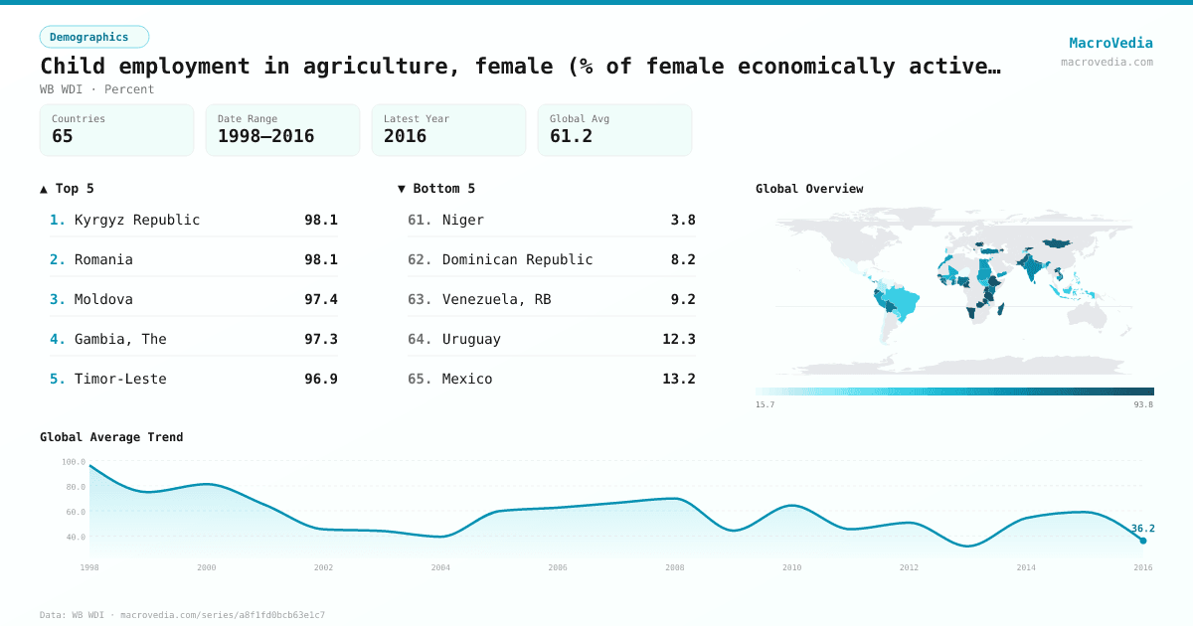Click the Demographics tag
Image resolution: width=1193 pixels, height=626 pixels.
tap(93, 37)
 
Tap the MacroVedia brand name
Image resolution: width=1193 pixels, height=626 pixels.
tap(1110, 43)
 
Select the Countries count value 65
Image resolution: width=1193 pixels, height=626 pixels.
tap(63, 136)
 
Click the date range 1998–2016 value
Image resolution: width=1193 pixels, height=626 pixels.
tap(265, 136)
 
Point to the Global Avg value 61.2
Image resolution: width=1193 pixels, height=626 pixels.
tap(571, 136)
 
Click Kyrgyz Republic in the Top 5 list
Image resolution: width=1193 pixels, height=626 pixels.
tap(137, 220)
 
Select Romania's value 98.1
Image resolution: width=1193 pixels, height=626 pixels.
tap(320, 259)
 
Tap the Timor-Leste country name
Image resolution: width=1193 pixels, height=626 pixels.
tap(120, 379)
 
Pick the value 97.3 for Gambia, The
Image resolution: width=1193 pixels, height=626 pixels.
tap(320, 339)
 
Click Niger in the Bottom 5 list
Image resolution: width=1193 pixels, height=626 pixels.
tap(463, 220)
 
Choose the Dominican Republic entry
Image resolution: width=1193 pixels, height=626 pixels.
tap(517, 259)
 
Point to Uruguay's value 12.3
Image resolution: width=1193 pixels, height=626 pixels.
tap(678, 339)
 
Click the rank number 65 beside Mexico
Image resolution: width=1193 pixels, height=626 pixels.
tap(420, 379)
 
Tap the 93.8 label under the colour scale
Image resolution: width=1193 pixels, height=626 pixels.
tap(1142, 404)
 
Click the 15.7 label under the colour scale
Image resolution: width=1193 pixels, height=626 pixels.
tap(766, 404)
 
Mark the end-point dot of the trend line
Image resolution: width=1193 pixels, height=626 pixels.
tap(1142, 541)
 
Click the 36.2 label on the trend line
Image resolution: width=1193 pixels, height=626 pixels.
tap(1142, 528)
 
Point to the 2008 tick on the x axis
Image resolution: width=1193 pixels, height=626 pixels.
tap(675, 567)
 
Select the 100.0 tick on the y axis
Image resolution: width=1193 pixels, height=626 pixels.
tap(74, 462)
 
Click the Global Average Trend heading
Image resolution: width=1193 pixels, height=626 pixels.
tap(111, 437)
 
